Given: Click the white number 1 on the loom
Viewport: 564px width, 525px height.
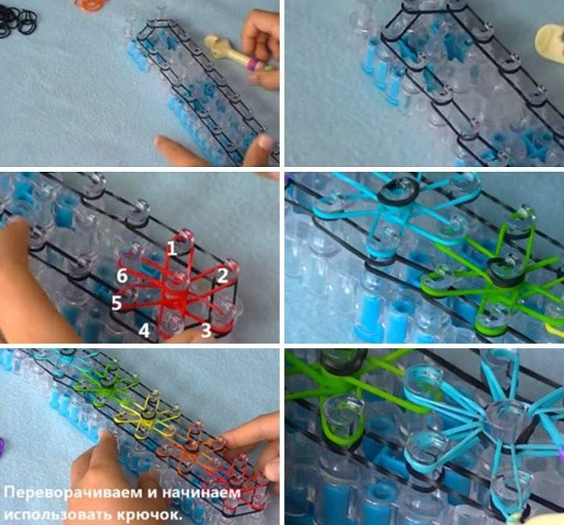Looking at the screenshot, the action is coord(172,248).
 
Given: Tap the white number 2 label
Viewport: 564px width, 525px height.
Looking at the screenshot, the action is coord(222,276).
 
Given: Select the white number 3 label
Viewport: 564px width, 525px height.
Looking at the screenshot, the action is coord(206,331).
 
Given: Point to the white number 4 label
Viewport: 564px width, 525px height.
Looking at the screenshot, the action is coord(144,331).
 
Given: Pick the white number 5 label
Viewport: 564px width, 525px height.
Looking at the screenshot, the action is coord(116,303).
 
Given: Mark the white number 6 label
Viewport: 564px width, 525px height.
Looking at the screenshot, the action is coord(122,276).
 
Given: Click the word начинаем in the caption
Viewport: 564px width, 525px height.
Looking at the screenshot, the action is coord(201,493).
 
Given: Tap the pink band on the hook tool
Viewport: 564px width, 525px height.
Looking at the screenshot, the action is coord(253,65).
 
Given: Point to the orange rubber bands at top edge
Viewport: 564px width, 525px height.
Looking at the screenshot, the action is coord(92,4).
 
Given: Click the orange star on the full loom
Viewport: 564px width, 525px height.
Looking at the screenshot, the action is coord(190,446).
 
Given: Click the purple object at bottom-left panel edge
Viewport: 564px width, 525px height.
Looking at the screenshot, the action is coord(2,448).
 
